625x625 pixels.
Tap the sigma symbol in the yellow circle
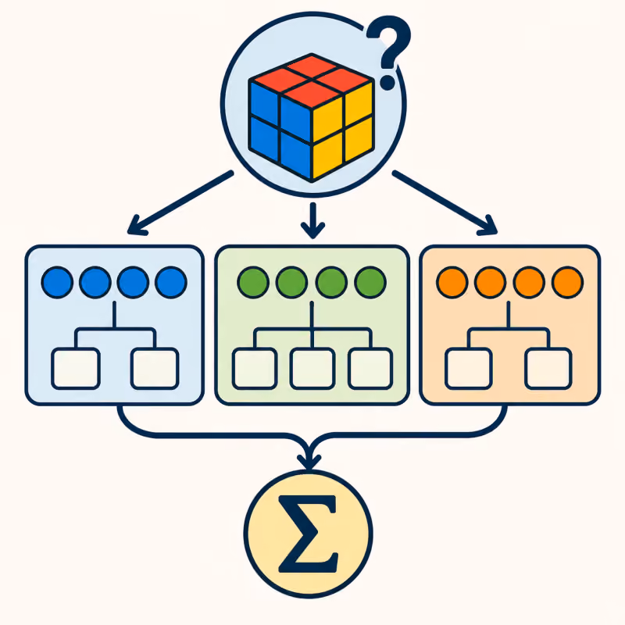308,534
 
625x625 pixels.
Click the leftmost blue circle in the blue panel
57,282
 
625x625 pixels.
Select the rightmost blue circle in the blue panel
171,282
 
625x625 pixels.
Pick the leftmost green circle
253,282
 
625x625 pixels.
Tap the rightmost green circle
370,282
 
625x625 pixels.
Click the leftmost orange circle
452,282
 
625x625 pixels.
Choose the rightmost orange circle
568,282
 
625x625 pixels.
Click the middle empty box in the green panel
312,368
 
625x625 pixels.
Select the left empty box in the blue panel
76,368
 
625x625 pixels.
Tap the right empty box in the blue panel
155,368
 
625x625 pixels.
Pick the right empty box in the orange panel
548,368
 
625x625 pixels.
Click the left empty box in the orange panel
468,368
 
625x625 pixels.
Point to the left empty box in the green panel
255,368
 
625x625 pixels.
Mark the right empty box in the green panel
370,368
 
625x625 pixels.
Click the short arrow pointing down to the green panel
313,220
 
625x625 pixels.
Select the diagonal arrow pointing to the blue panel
180,202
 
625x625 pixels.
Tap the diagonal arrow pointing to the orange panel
445,202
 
